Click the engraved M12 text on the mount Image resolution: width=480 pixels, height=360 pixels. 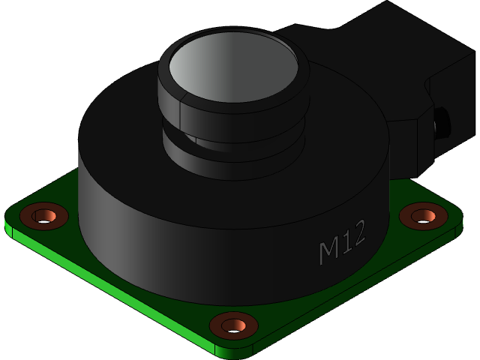pos(342,241)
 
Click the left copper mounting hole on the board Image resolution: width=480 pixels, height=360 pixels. pos(43,216)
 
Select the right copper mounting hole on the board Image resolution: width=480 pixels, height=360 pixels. pos(423,216)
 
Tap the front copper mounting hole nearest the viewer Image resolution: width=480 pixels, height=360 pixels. pos(233,325)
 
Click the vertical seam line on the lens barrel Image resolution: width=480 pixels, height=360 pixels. pos(180,112)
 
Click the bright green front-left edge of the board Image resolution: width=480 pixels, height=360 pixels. pos(112,292)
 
